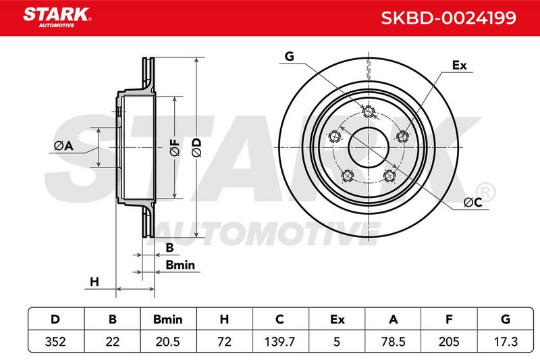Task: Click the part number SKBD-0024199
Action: point(448,18)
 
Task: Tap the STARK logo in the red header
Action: point(57,18)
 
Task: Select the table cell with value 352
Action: point(55,341)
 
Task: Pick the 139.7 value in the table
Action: point(279,341)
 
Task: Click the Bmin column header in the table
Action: point(167,319)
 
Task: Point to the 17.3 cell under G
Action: point(506,341)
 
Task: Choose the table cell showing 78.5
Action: point(393,341)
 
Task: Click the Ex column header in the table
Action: point(337,319)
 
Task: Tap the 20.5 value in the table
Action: point(167,341)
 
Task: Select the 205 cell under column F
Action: point(449,341)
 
